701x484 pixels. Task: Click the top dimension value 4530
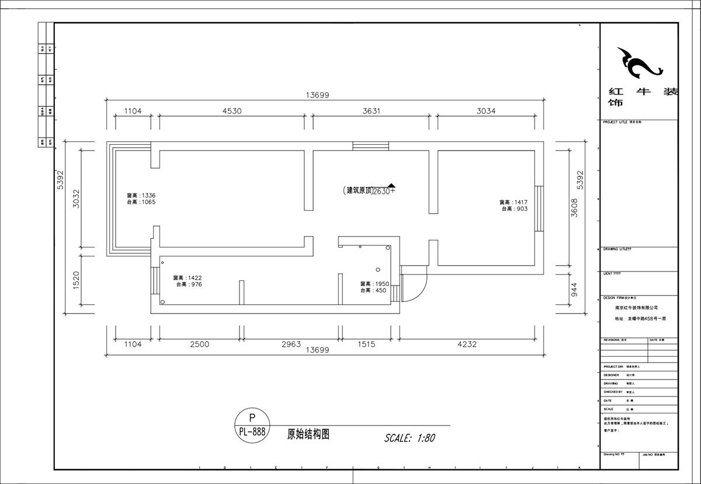231,110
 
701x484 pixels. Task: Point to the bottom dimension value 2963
290,344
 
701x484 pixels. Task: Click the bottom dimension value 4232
467,344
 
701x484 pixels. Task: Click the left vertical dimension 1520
77,281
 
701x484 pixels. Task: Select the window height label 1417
513,202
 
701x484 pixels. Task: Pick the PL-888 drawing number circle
252,425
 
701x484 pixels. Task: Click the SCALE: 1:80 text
410,437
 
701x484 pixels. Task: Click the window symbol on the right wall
539,208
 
